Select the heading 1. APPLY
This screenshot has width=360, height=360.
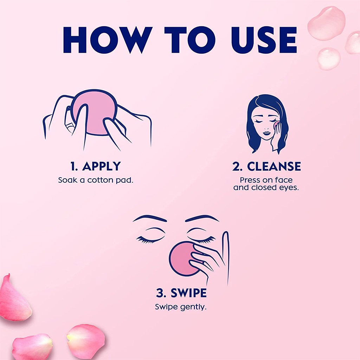pyautogui.click(x=95, y=166)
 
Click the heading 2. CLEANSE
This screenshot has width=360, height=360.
pyautogui.click(x=266, y=166)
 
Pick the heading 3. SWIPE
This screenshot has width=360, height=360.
pyautogui.click(x=181, y=293)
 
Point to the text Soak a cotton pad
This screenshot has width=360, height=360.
pyautogui.click(x=96, y=180)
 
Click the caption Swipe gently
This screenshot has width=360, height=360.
pyautogui.click(x=181, y=307)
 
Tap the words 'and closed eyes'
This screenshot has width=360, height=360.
pyautogui.click(x=266, y=187)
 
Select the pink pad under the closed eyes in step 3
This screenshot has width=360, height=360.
pyautogui.click(x=183, y=258)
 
